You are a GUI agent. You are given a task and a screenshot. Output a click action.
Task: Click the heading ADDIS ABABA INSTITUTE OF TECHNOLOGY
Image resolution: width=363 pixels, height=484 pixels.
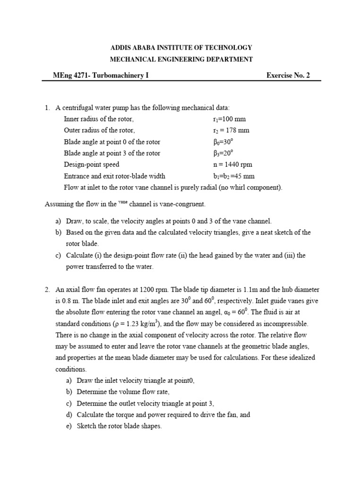181,48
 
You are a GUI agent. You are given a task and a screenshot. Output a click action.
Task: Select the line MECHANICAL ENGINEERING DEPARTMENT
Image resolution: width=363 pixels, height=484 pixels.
181,59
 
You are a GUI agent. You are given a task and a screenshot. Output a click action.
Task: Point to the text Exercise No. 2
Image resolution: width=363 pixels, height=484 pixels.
288,75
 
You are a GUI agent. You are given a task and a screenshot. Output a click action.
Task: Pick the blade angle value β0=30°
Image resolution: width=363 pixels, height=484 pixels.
224,141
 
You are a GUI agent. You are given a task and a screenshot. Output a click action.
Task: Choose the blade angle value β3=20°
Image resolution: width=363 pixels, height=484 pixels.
224,153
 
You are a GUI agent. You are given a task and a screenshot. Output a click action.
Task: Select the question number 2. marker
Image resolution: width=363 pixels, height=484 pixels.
47,290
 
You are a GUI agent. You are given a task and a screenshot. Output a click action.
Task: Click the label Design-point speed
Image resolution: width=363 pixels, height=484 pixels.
91,164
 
